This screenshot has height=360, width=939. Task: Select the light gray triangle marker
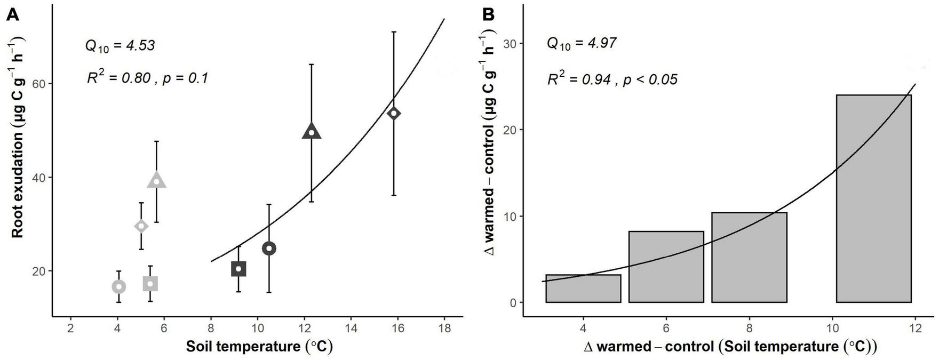[x=156, y=181]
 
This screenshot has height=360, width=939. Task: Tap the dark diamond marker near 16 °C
[x=394, y=113]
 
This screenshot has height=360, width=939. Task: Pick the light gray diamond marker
[x=141, y=226]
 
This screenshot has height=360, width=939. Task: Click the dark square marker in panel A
[x=238, y=269]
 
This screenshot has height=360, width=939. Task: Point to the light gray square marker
[x=150, y=284]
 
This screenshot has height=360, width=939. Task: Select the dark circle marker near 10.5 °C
[x=269, y=249]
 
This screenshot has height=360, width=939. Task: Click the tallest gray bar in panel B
[x=873, y=198]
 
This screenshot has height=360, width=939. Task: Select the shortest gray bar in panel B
[x=583, y=289]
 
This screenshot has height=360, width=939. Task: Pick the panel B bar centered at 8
[x=749, y=258]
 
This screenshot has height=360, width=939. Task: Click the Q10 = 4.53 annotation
[x=120, y=46]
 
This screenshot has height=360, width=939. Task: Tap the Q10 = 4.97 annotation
[x=582, y=43]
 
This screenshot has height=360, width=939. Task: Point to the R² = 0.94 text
[x=612, y=80]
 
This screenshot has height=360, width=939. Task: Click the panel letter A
[x=12, y=15]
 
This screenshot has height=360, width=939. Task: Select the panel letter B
[x=488, y=15]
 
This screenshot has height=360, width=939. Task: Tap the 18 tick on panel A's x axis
[x=444, y=329]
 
